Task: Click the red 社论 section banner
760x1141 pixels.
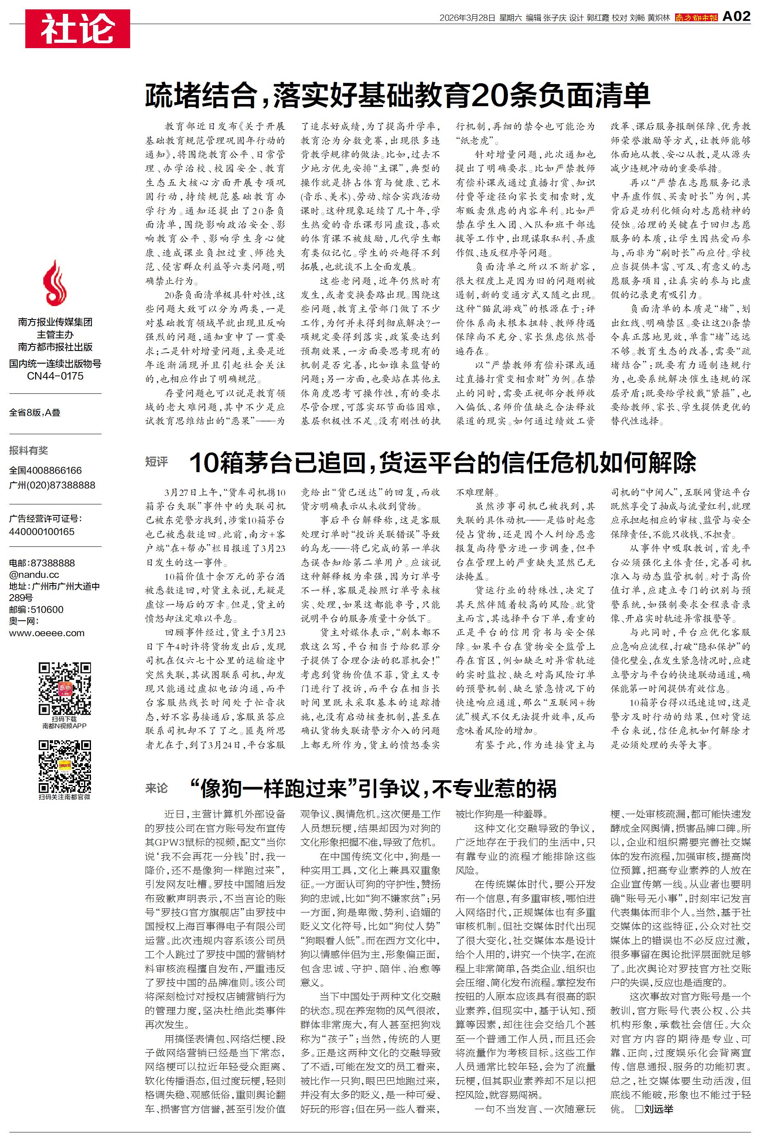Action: [78, 29]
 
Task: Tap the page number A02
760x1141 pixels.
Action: [736, 16]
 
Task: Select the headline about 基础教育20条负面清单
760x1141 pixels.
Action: [397, 95]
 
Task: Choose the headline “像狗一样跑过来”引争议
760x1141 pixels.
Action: [373, 788]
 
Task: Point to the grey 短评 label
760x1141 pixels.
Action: [157, 462]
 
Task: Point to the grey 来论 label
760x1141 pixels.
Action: [157, 788]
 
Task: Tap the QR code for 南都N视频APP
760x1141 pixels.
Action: [65, 688]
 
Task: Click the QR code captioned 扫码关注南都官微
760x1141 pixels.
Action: [65, 766]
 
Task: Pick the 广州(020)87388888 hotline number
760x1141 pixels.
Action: [52, 485]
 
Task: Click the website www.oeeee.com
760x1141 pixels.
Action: [47, 633]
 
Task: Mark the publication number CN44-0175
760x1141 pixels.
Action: [55, 376]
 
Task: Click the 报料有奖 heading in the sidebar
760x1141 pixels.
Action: [29, 450]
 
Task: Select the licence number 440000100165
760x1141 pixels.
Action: [42, 532]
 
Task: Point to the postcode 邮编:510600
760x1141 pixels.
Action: [36, 609]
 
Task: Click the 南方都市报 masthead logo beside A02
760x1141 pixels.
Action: [696, 18]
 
